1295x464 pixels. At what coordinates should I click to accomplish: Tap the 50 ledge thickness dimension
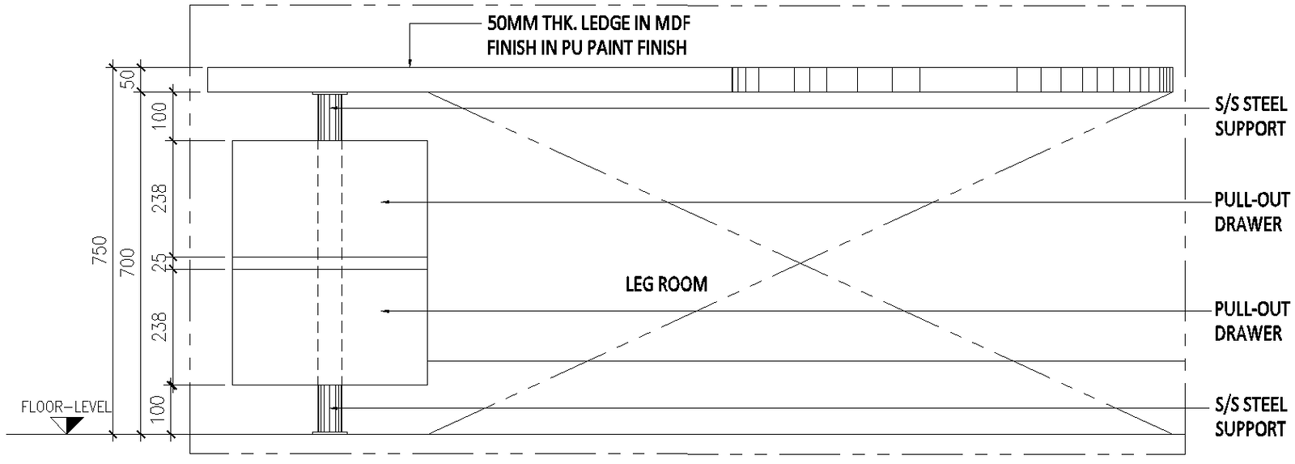[x=128, y=79]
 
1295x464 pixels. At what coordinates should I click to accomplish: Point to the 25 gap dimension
[x=159, y=262]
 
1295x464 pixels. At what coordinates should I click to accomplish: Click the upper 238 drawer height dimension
[x=159, y=199]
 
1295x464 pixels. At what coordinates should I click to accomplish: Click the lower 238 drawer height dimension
[x=159, y=326]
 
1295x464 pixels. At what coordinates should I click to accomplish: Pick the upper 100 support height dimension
[x=159, y=116]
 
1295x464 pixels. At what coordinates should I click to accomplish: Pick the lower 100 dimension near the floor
[x=159, y=410]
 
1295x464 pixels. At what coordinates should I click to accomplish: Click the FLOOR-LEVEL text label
[x=66, y=407]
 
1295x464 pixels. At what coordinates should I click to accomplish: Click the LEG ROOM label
[x=666, y=284]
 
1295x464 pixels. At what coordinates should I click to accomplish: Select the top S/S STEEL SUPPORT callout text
[x=1250, y=116]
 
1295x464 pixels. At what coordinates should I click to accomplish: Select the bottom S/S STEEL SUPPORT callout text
[x=1250, y=416]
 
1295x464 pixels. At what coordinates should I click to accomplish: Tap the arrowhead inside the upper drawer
[x=386, y=201]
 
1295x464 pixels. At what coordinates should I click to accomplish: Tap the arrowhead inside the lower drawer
[x=386, y=311]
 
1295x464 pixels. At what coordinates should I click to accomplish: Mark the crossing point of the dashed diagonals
[x=800, y=262]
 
